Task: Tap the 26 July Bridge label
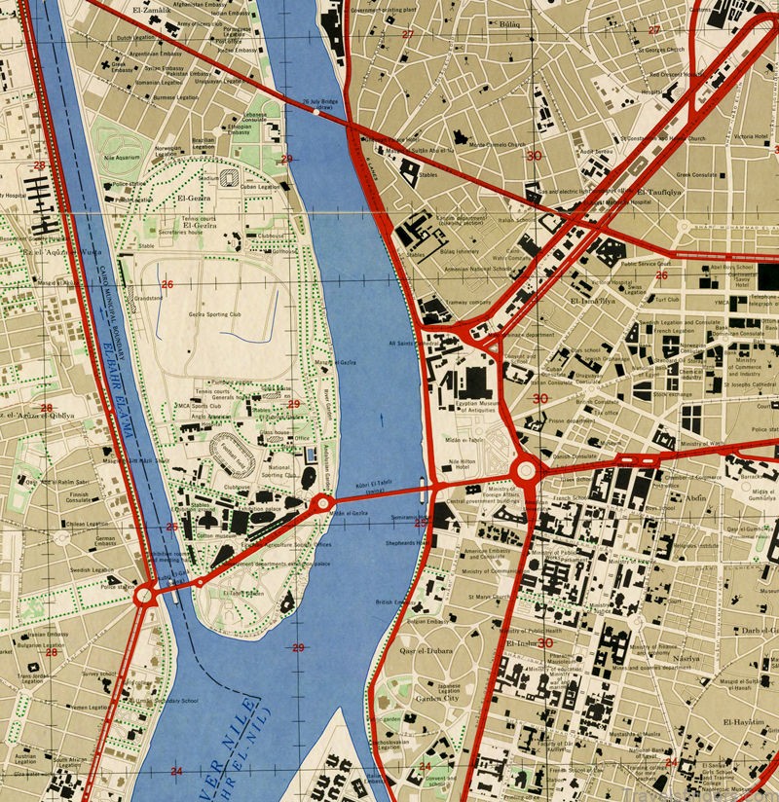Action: coord(319,101)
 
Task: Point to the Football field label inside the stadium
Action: coord(232,450)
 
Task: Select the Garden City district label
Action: coord(437,697)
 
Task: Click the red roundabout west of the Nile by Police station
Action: coord(146,593)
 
